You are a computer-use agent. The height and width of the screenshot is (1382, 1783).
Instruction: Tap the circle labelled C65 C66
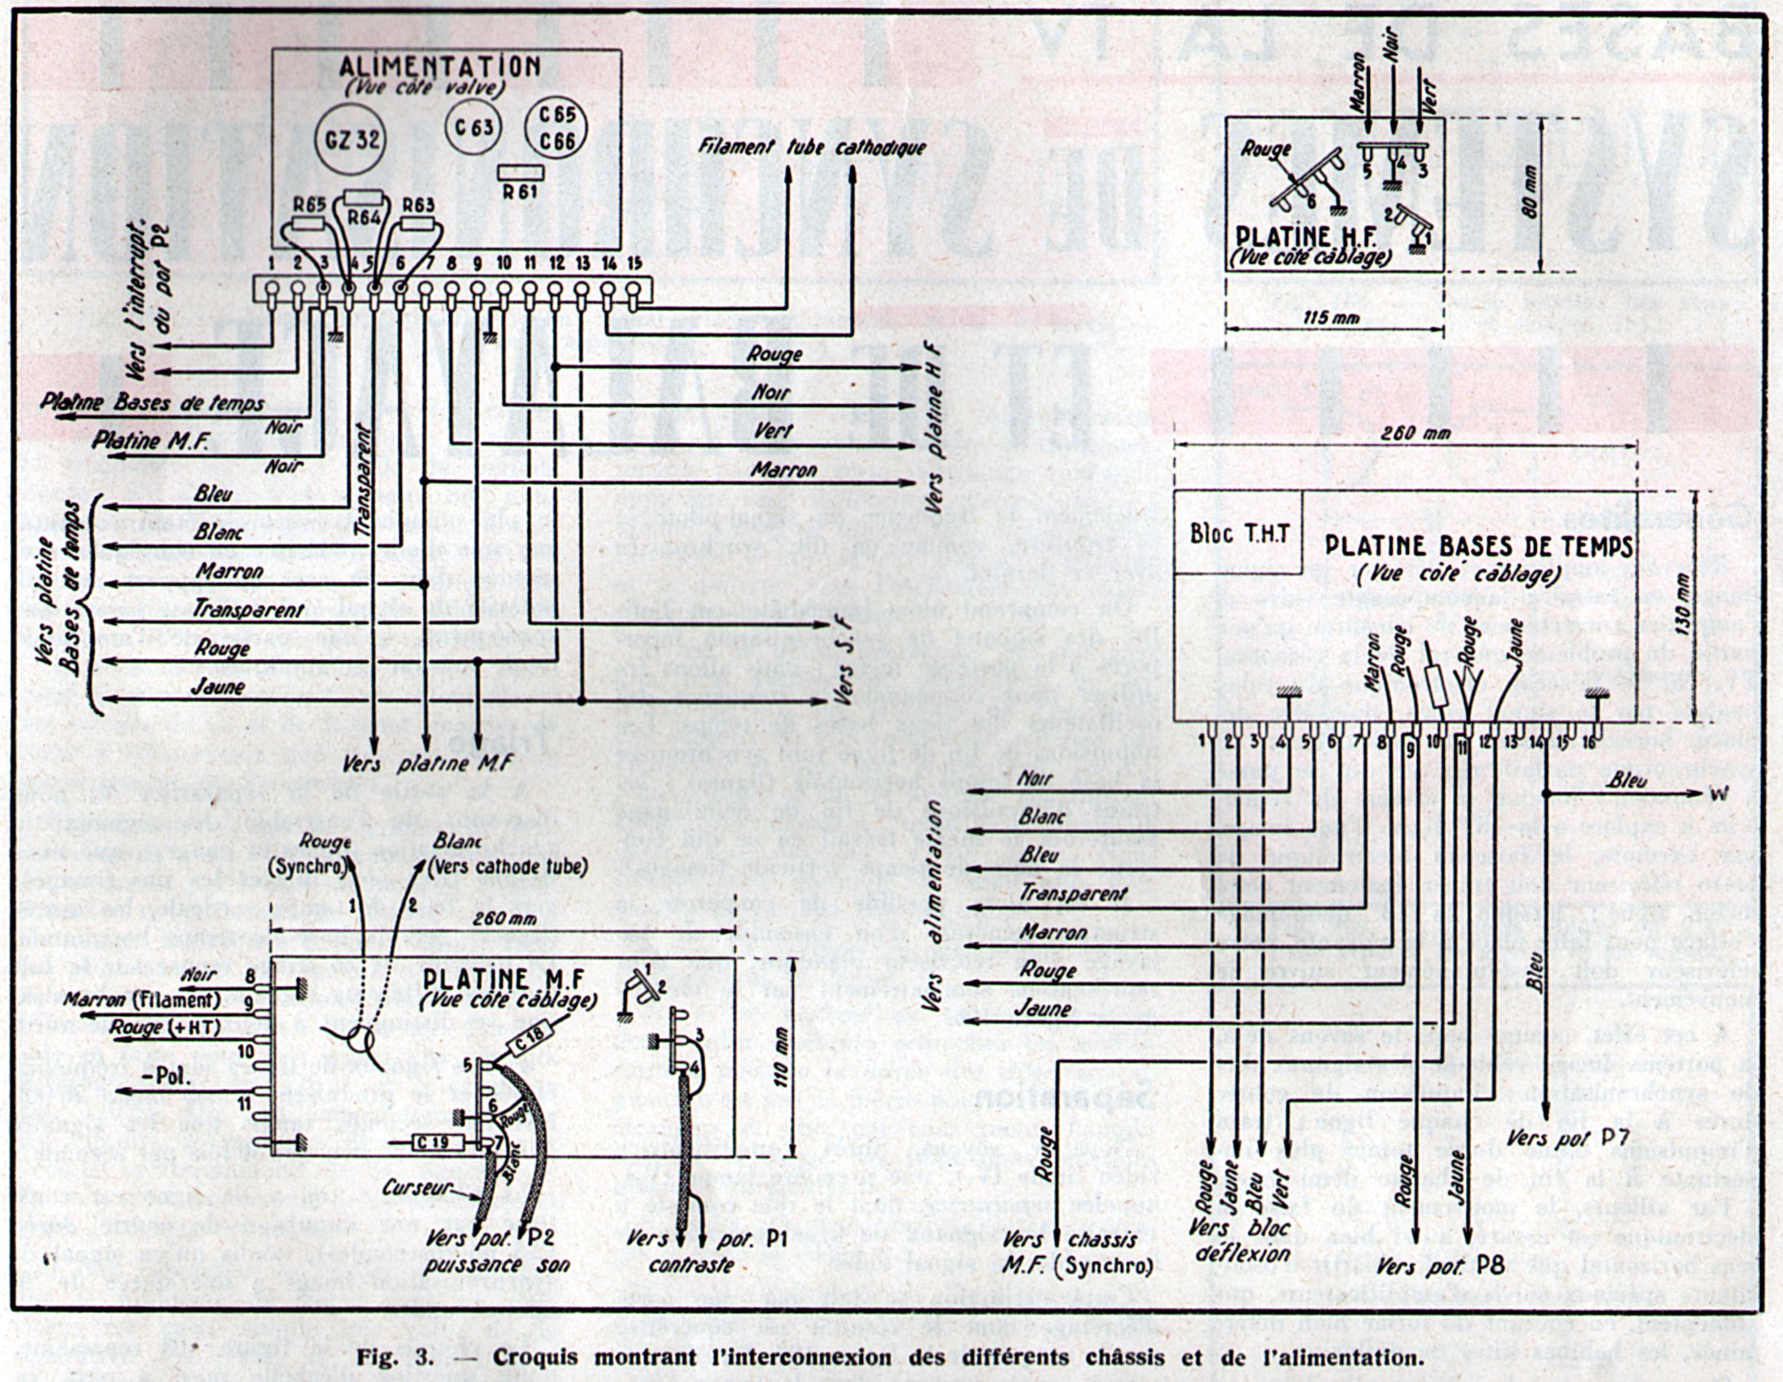click(x=556, y=129)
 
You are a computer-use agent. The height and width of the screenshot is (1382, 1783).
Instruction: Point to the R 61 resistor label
click(x=521, y=192)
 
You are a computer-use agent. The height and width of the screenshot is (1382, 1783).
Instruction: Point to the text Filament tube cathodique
click(x=812, y=148)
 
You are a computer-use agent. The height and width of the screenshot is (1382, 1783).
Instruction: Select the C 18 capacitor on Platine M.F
click(x=531, y=1043)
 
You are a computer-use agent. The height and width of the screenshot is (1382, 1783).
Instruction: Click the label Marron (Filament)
click(x=142, y=1000)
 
